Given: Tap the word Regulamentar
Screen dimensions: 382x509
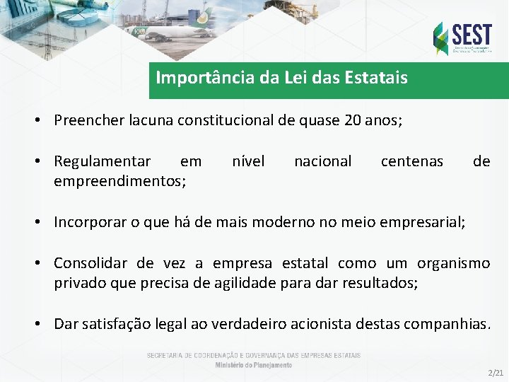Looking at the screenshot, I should tap(103, 161).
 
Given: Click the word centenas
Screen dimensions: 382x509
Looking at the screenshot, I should tap(411, 161).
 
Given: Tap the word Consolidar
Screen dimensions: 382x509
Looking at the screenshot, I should tap(91, 264).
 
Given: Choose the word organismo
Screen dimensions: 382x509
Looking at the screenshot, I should tap(453, 264).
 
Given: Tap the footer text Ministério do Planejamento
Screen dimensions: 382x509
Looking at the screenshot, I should tap(254, 365).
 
